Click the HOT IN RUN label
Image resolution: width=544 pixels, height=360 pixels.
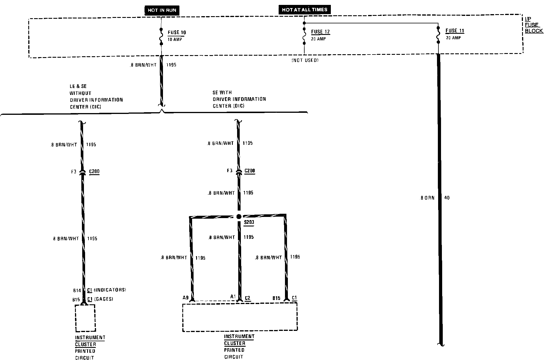(x=162, y=10)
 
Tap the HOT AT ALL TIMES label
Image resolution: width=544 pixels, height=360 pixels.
(x=304, y=10)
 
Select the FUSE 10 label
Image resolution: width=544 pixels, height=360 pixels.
(x=177, y=33)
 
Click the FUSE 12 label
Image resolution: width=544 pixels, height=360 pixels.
(x=320, y=32)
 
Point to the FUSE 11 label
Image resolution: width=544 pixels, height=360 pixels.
(x=455, y=31)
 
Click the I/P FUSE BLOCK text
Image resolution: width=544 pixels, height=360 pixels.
(x=533, y=25)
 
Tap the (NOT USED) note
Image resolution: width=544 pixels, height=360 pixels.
(x=305, y=60)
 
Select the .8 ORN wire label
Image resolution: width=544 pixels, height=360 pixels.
(x=427, y=198)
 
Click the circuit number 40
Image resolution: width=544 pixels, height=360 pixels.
(x=447, y=198)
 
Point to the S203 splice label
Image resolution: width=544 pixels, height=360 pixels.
(x=249, y=222)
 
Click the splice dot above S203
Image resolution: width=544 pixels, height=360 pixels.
(x=239, y=217)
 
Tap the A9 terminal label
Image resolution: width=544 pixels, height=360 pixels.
(x=186, y=297)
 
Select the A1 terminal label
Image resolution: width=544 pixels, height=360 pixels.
(x=233, y=296)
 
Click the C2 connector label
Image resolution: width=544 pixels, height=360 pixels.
(x=247, y=298)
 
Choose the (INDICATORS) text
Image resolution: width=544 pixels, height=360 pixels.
(x=110, y=290)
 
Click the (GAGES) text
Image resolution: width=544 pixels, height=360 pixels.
(x=104, y=299)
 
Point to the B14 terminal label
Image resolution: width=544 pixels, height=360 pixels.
(x=77, y=290)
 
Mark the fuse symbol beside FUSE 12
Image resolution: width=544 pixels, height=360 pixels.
(x=304, y=36)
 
